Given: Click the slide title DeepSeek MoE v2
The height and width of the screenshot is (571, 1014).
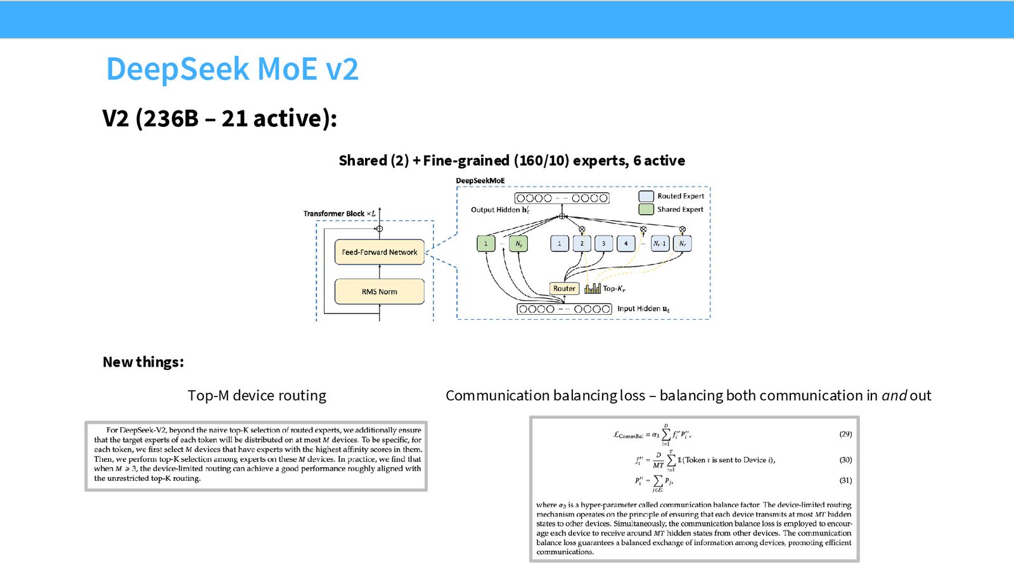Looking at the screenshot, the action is [232, 69].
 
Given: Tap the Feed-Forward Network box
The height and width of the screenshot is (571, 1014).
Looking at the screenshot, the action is [380, 252].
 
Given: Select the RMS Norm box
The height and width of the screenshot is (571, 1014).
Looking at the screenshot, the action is [380, 291].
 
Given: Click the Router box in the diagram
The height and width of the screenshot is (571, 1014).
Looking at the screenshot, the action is [564, 288].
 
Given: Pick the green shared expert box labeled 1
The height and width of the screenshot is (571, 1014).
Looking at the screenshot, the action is [485, 244].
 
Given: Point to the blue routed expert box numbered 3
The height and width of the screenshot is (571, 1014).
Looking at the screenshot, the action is [603, 244].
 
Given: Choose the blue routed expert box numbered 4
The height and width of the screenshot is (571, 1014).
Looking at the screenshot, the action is [626, 244].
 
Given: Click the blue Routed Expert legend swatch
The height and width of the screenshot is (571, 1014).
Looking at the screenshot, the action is [646, 196].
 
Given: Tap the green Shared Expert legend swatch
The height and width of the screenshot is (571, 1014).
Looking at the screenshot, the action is [646, 209].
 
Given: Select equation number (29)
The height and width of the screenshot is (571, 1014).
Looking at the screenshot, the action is [845, 434].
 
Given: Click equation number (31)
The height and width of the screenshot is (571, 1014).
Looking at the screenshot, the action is [845, 480].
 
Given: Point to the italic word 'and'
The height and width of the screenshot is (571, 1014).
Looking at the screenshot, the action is [894, 396].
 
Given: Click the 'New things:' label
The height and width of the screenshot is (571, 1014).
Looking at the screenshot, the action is [143, 362].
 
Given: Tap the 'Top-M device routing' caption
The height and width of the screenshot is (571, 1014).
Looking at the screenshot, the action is [257, 396].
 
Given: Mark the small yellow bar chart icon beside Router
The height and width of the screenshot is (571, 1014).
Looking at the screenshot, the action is [593, 288].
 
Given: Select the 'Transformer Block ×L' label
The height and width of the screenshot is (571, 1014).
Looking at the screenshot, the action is [340, 213].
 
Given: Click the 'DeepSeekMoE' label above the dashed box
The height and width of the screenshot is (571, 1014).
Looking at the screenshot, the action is [480, 180].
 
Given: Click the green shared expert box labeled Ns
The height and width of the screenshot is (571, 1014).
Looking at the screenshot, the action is [518, 244].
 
